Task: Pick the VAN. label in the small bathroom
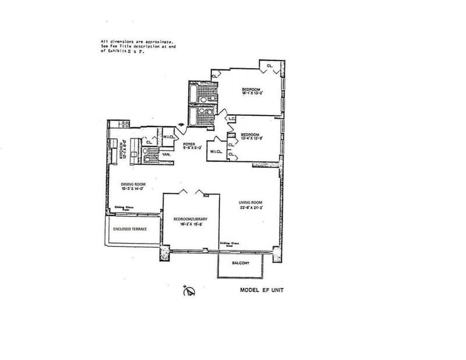click(158, 154)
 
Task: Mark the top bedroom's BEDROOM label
click(251, 89)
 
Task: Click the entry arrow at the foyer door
click(183, 123)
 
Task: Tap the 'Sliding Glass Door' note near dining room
click(122, 208)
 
